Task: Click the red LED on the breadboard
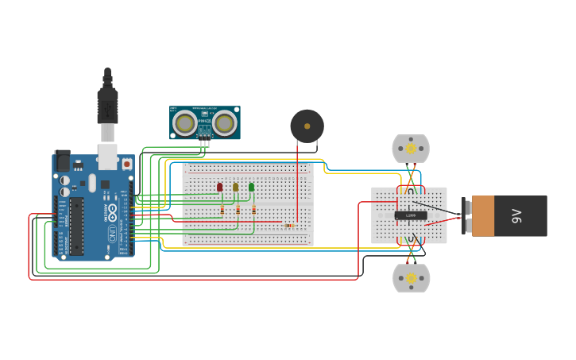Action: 220,188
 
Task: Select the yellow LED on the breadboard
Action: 236,188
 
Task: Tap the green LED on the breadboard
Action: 252,188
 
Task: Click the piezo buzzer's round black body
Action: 307,126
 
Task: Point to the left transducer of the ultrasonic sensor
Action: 185,122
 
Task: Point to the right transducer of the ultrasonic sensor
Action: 224,122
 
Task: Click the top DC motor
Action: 411,149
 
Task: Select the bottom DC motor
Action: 412,278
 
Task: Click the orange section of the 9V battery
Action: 482,216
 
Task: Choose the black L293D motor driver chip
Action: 411,215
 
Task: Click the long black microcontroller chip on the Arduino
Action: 76,226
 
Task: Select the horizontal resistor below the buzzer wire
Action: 289,226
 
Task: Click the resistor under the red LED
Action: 222,210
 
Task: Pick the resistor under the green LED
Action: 253,210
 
